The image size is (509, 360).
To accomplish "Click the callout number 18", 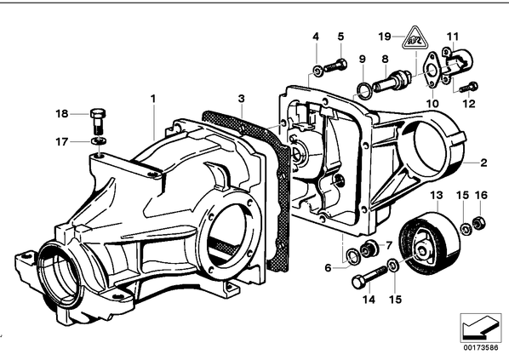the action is (x=62, y=113).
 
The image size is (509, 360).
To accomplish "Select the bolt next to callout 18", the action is (x=97, y=121).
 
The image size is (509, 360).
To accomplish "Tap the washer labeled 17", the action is (x=99, y=141).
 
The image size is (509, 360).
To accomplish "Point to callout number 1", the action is (x=153, y=99).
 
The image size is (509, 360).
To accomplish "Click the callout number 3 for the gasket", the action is (x=241, y=99).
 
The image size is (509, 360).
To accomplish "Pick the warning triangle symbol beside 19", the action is (x=414, y=37).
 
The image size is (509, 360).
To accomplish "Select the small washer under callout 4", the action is (x=317, y=71).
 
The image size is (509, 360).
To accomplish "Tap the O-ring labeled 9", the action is (x=363, y=88).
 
